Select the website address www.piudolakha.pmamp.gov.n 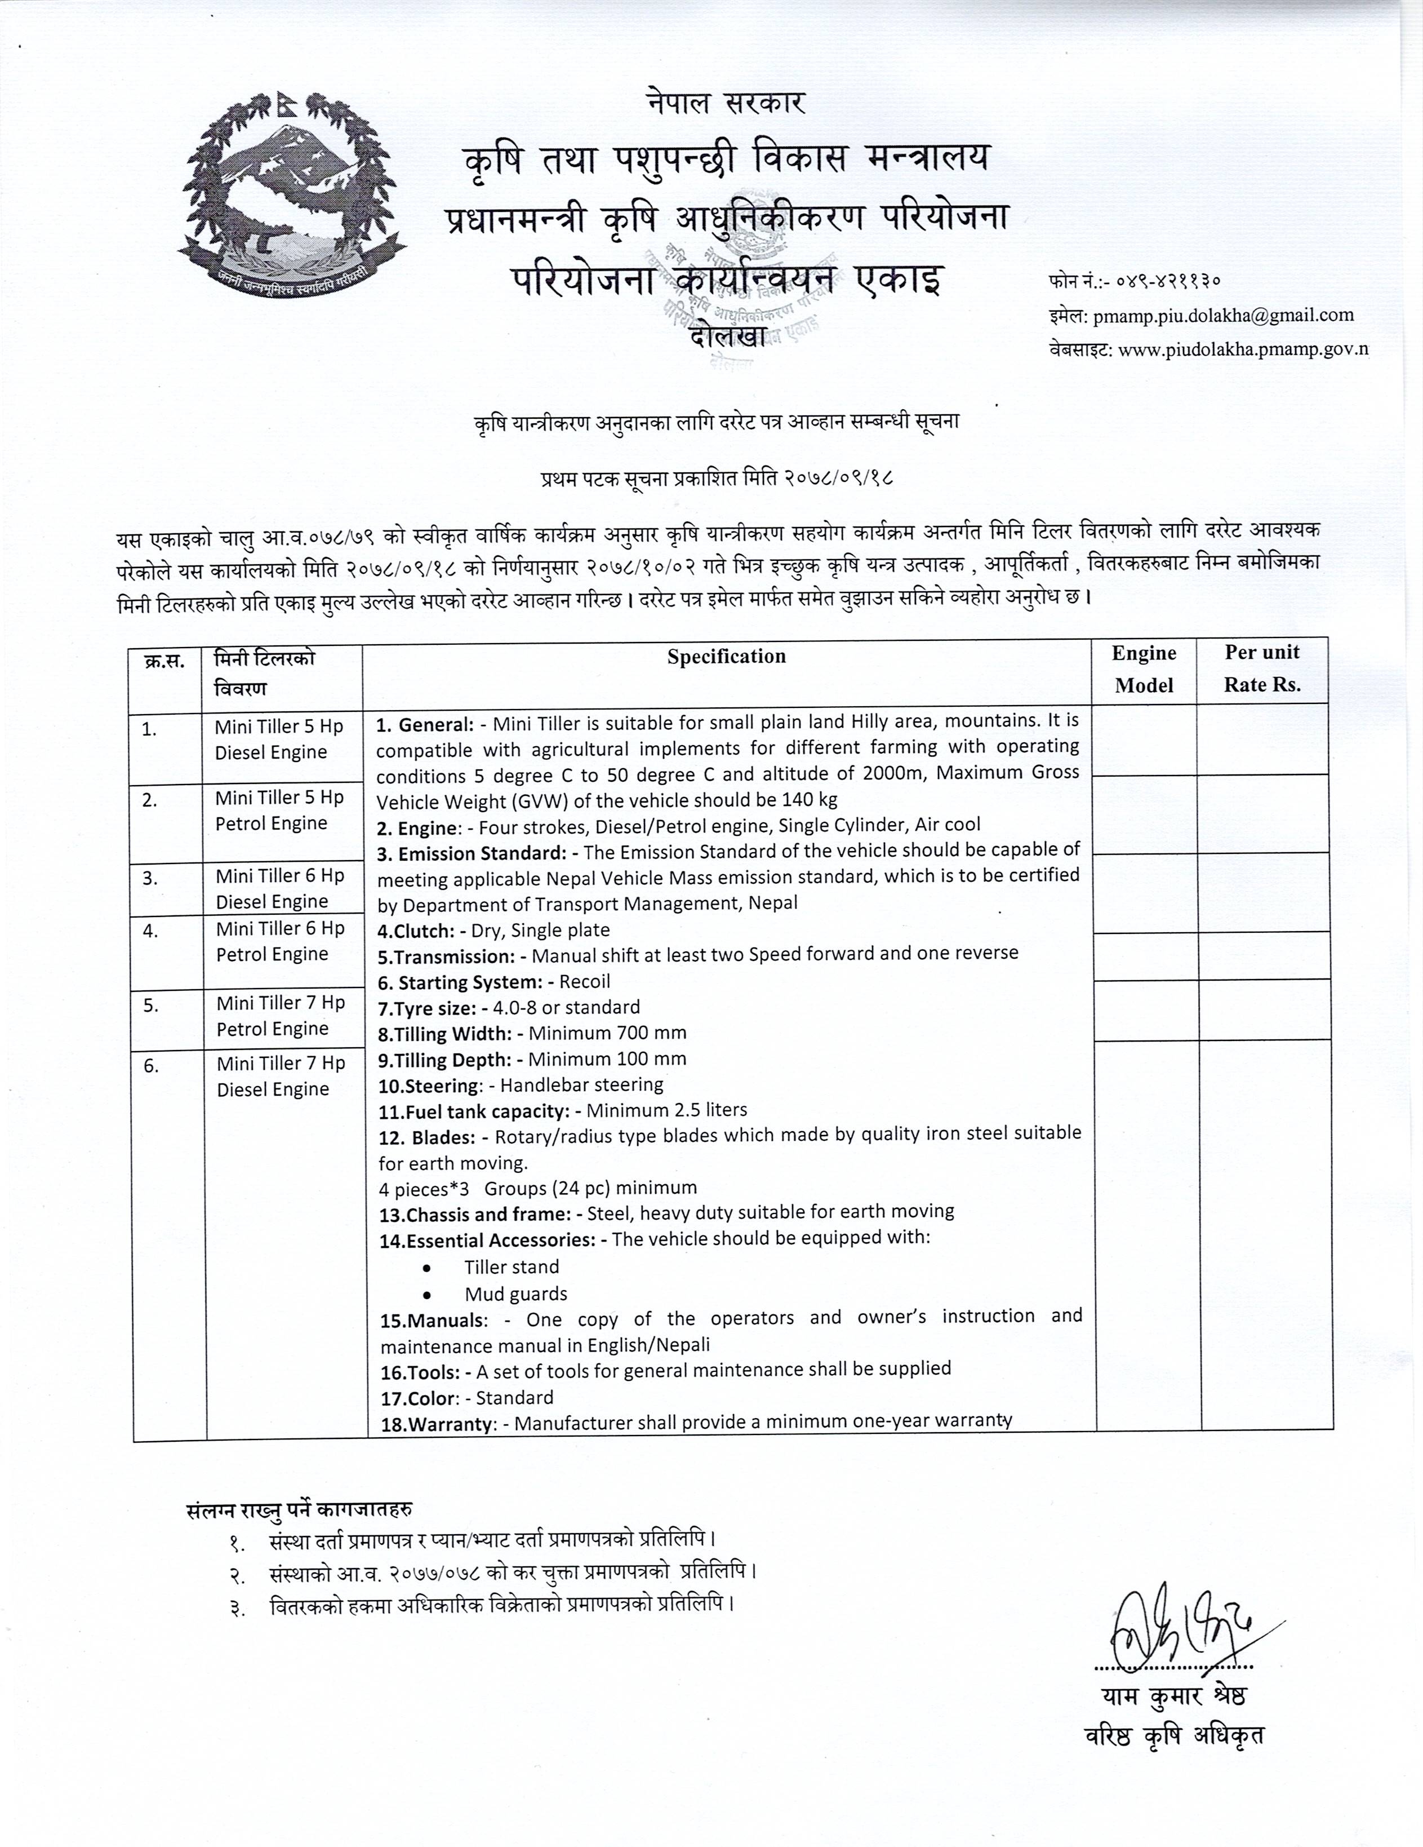tap(1243, 349)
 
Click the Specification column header tap(726, 656)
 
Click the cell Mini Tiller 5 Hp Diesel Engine tap(279, 739)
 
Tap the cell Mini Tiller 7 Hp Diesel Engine tap(281, 1076)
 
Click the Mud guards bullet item tap(515, 1294)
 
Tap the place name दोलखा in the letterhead tap(728, 336)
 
